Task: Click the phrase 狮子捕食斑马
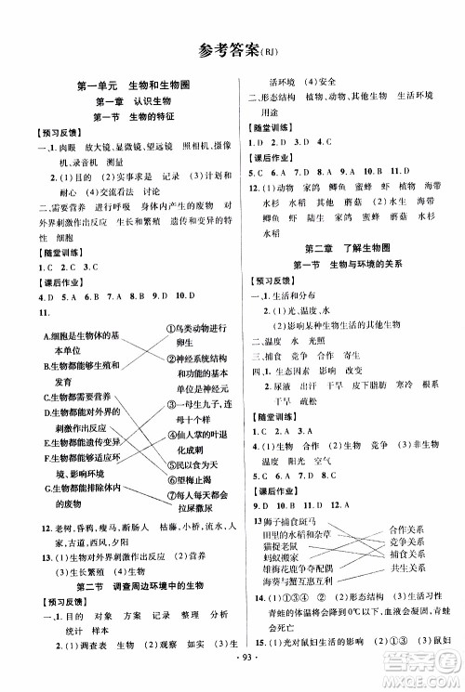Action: (x=286, y=525)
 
